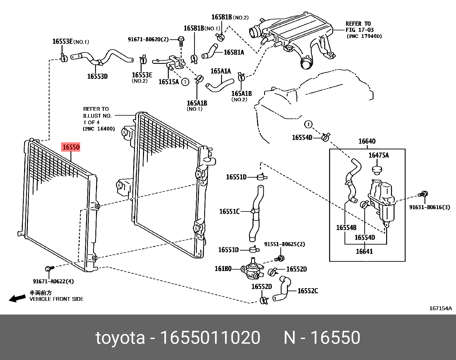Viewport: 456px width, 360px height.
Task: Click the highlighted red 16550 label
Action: (x=71, y=147)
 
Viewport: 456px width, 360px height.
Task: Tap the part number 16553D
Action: (x=97, y=76)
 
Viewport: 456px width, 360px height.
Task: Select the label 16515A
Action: (x=168, y=82)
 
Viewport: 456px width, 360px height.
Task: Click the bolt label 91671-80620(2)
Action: (x=148, y=39)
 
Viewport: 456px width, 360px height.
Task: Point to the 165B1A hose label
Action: (x=234, y=52)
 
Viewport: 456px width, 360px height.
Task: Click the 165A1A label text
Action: (x=221, y=71)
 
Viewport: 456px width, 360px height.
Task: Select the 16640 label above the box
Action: (x=367, y=141)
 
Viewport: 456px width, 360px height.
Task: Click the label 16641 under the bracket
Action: (x=364, y=251)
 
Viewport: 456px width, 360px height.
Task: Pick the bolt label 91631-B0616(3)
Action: (x=429, y=207)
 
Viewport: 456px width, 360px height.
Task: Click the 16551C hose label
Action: (x=229, y=211)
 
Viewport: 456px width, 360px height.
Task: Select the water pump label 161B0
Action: (x=223, y=268)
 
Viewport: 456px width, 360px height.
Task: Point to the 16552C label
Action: (x=308, y=291)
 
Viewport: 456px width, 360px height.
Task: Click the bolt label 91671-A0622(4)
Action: (x=53, y=281)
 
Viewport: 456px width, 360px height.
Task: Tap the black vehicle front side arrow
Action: (x=17, y=298)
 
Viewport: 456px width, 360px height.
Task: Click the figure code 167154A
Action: (x=440, y=308)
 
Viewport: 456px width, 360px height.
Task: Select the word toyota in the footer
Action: (x=120, y=338)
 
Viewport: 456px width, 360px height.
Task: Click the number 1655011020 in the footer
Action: (x=210, y=338)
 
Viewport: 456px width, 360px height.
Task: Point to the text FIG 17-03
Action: (x=359, y=30)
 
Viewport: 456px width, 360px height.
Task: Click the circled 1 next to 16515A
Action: (x=185, y=82)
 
